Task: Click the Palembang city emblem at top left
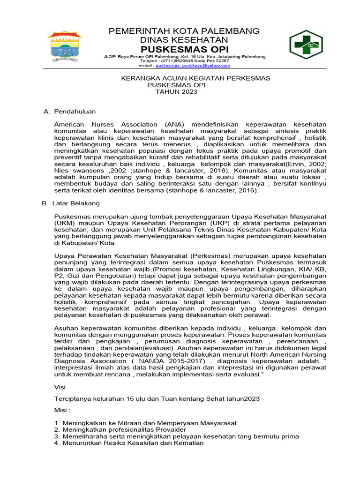(65, 46)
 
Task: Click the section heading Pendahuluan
(75, 112)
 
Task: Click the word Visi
(60, 388)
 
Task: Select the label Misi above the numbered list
(62, 411)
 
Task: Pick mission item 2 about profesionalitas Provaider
(120, 429)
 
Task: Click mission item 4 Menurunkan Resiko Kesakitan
(129, 443)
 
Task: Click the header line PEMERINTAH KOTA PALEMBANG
(184, 31)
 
